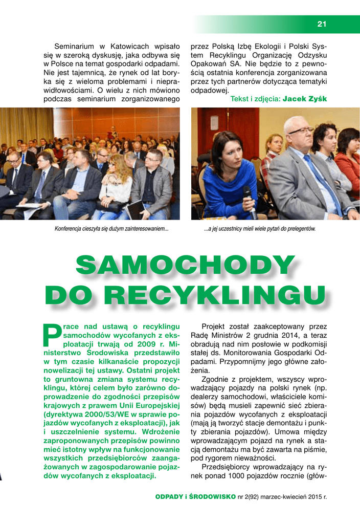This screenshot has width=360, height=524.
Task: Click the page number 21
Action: coord(322,23)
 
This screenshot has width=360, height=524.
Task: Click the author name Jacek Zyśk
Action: coord(305,98)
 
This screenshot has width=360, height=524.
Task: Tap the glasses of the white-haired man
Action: coord(301,130)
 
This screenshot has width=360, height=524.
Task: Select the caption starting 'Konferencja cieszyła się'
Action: coord(111,229)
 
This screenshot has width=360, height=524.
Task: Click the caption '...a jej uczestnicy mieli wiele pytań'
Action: coord(259,229)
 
